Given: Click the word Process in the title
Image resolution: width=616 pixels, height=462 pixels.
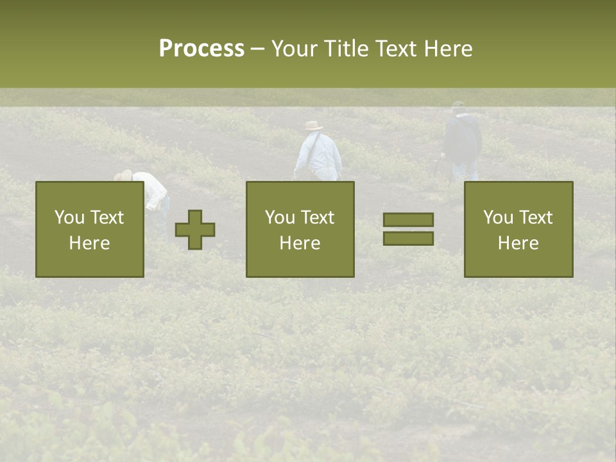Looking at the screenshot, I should point(201,48).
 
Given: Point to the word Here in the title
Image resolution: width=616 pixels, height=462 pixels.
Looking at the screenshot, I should point(447,48).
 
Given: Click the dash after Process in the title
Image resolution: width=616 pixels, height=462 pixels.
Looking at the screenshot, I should point(257,49).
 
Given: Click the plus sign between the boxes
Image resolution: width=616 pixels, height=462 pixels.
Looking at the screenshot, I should point(195,229).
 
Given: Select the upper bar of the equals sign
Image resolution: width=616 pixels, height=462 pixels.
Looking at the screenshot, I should point(408,219).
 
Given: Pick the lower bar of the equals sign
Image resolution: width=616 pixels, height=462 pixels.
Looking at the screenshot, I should point(408,238).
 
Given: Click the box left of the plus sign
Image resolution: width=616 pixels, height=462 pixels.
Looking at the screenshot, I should point(89,229).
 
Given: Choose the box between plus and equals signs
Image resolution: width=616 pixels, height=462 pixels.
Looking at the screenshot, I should point(300,229).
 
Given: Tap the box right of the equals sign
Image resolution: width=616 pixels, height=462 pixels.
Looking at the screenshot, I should point(518,229).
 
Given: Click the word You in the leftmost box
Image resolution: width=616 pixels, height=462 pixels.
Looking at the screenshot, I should point(69,217).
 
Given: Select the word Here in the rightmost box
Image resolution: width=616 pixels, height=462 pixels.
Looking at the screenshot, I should point(518,243).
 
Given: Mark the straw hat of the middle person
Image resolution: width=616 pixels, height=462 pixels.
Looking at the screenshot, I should point(314,126).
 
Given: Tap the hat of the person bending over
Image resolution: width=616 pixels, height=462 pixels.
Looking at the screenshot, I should point(124,175).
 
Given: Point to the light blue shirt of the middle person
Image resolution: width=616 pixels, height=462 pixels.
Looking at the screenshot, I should point(319,153).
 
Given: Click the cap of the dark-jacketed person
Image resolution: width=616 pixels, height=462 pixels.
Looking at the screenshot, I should point(458,104).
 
